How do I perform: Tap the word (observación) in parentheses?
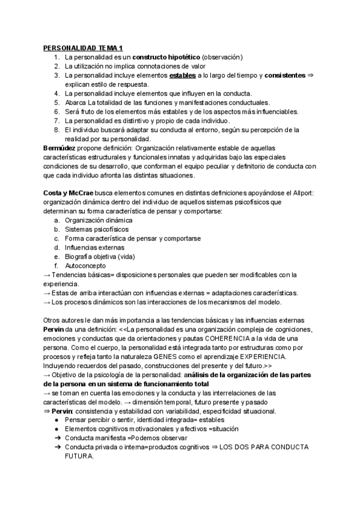coord(222,57)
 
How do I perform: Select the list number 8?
coord(56,129)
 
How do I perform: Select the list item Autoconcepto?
coord(85,265)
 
